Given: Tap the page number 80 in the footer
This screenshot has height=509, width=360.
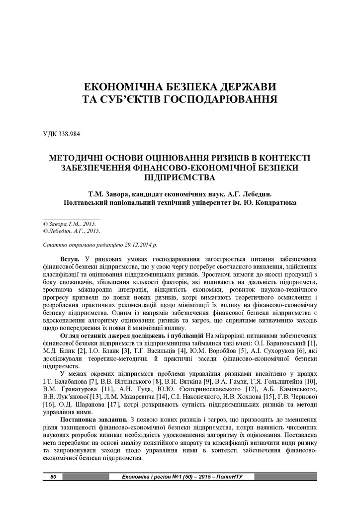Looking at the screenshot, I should [53, 477].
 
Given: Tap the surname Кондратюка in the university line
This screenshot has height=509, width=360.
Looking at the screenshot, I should [271, 202].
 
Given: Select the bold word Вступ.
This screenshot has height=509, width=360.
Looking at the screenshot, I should [70, 260].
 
